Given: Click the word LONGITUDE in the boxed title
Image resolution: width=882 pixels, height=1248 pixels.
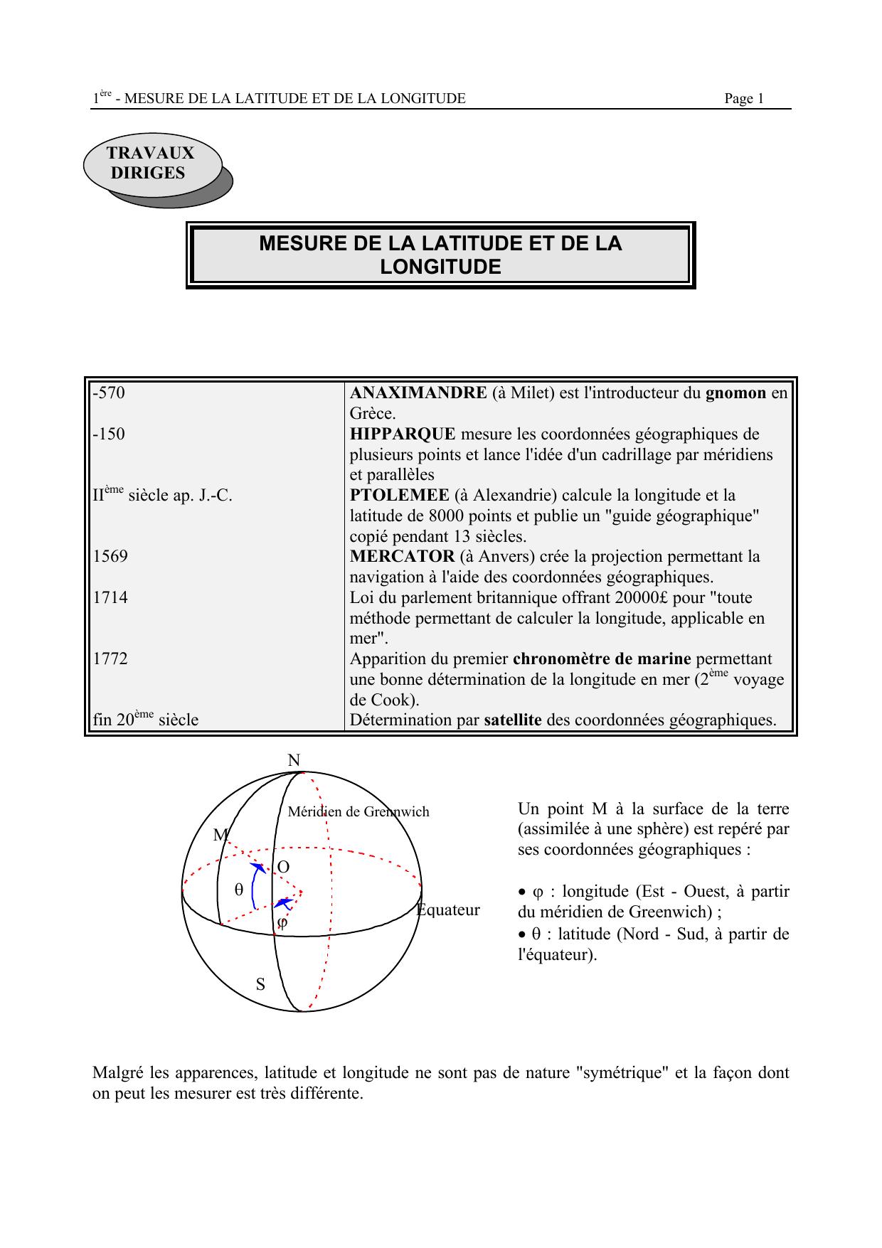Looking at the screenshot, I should pos(440,267).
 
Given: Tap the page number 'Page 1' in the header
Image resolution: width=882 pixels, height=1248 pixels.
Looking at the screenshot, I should pos(743,99).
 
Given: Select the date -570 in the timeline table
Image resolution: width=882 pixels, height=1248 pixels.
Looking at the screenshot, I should pos(109,393).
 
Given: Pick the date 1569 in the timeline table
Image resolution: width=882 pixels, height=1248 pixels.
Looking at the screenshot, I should pos(110,556).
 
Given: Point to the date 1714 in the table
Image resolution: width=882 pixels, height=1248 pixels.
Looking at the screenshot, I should pos(110,597).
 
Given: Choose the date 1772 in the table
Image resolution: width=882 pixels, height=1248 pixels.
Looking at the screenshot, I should pos(110,658).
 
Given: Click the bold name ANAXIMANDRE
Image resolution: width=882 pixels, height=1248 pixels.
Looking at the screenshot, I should pos(418,393).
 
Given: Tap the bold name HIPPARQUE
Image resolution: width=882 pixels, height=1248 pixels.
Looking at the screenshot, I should pos(403,434).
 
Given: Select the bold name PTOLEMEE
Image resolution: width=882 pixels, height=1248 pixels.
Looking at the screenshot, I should pos(399,495).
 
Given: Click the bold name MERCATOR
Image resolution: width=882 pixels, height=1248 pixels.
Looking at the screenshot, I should pos(402,556).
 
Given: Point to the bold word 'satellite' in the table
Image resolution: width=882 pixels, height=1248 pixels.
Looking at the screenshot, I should pos(512,720).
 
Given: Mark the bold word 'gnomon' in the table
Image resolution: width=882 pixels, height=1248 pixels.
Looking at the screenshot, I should pos(735,393).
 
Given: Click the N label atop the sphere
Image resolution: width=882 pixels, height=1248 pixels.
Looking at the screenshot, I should pos(294,761).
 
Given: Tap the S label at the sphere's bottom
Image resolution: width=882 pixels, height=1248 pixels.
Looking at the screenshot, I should pos(260,985).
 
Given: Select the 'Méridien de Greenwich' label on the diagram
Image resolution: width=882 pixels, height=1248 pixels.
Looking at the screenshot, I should pos(358,811).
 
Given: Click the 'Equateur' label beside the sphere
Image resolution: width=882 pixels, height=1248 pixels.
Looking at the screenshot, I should pos(448,910).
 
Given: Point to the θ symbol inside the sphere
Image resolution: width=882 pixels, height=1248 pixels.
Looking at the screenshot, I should pos(239,890).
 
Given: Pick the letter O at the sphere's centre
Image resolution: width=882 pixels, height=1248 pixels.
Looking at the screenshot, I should pos(283,868).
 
